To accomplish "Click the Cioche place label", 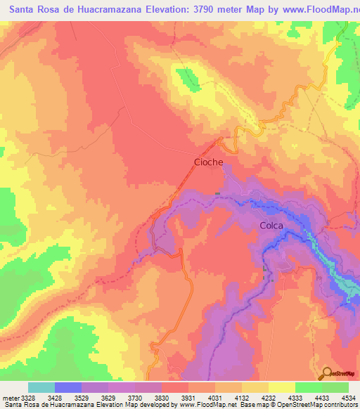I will [208, 162].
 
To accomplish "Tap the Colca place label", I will [271, 226].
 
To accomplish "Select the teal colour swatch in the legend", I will [41, 387].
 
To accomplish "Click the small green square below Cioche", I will [217, 194].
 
